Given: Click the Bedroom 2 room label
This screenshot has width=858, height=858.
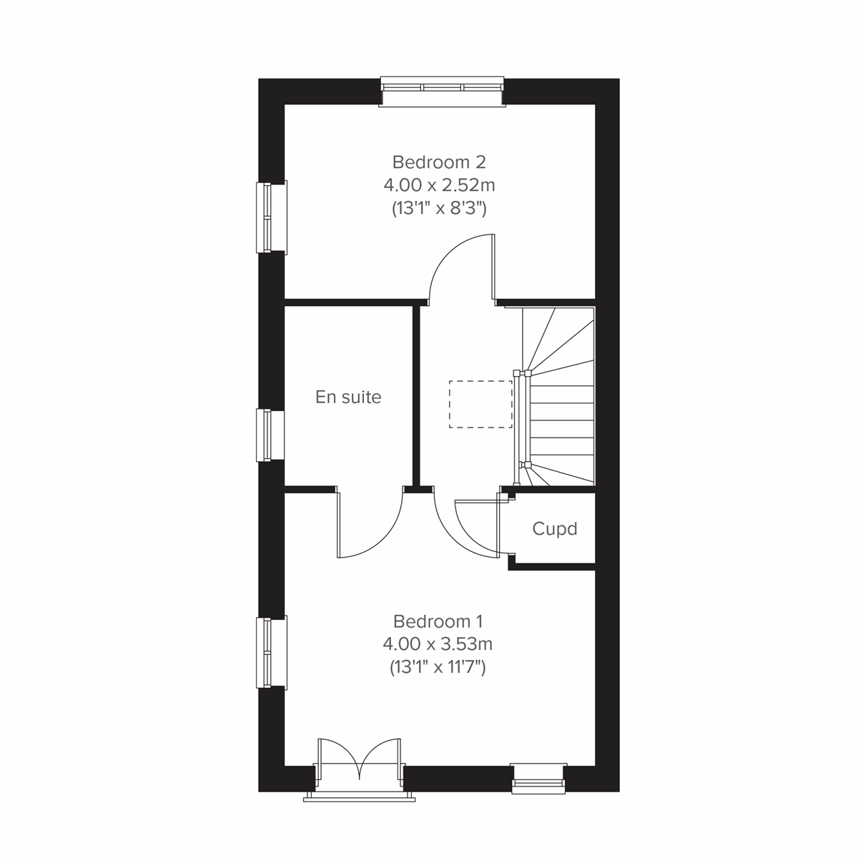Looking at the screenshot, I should [439, 161].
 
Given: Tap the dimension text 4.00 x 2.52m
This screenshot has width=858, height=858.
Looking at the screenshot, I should [439, 185].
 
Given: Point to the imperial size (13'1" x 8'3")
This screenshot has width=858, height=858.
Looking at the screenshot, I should [439, 209].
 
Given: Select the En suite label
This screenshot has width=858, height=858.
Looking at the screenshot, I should [348, 397].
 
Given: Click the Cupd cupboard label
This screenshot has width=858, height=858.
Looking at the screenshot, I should [554, 529].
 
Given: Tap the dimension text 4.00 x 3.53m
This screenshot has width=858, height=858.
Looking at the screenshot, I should [438, 644].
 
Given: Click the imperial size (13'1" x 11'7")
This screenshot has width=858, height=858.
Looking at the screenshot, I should [438, 668].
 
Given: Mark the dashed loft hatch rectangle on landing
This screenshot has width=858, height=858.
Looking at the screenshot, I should [480, 404].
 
